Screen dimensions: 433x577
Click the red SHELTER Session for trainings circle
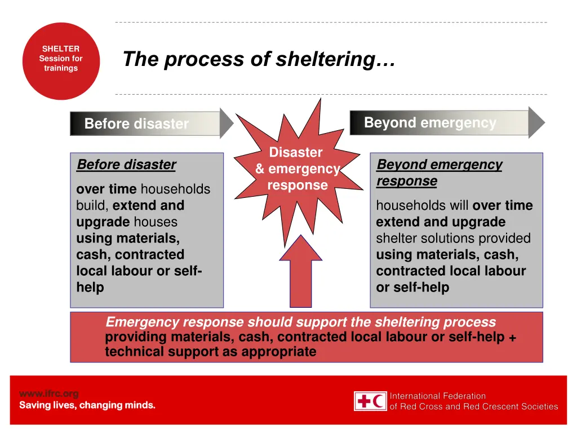pos(61,61)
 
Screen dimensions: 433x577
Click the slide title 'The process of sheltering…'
pos(259,59)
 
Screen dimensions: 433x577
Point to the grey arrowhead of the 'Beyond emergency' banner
pos(536,122)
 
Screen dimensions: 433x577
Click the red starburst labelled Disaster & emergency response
pos(297,169)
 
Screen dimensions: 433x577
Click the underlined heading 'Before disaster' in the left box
pos(126,165)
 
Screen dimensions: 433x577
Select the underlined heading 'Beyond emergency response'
pos(439,173)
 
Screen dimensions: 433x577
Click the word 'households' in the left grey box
pos(175,189)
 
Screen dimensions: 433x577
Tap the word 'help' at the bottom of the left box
pos(90,288)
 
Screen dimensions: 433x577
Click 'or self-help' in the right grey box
pos(412,288)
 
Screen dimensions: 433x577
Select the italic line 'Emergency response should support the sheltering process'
pos(300,322)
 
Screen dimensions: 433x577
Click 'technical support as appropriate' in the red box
pos(210,352)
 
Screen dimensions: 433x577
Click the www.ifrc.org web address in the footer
pos(49,394)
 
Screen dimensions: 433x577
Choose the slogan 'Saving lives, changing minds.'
pos(87,405)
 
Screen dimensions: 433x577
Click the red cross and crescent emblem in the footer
pos(370,401)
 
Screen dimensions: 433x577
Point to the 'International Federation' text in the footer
pos(438,396)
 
